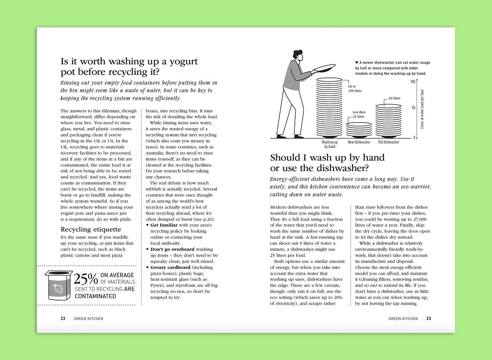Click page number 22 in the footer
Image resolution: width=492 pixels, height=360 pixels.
tap(63, 318)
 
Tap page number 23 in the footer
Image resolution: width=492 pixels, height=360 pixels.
tap(428, 318)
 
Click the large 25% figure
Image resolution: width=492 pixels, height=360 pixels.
tap(86, 279)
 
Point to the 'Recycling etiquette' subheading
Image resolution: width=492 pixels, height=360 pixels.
tap(91, 229)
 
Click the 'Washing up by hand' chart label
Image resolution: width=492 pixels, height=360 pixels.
tap(330, 144)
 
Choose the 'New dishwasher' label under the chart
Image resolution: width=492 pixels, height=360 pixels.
tap(359, 142)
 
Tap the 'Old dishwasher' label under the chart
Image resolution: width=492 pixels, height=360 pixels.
tap(389, 142)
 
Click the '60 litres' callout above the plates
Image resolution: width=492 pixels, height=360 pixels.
tap(394, 98)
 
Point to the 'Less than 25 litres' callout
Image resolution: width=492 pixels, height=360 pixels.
tap(359, 114)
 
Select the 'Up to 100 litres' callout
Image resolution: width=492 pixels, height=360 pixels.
tap(352, 89)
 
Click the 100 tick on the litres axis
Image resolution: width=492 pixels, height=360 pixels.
tap(412, 82)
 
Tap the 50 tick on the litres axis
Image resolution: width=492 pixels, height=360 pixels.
tap(413, 107)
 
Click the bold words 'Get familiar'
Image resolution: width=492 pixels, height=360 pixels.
tap(164, 225)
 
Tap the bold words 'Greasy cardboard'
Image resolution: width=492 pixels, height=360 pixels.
tap(170, 267)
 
